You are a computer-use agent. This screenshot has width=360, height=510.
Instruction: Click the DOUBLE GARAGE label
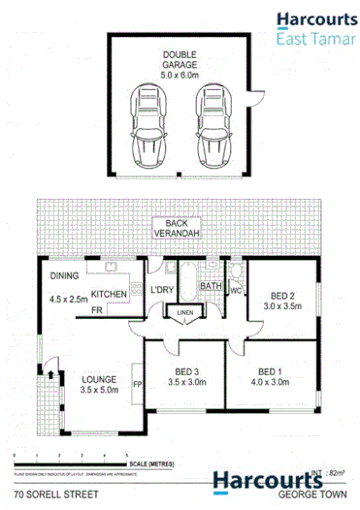tap(180, 57)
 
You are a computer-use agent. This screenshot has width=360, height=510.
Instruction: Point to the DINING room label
tap(63, 276)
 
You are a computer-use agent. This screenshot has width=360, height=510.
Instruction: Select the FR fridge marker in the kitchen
tap(98, 311)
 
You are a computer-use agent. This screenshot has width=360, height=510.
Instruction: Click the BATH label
tap(211, 285)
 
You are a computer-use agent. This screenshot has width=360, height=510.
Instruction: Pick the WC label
tap(235, 290)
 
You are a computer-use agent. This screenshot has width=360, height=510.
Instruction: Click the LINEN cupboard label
tap(182, 311)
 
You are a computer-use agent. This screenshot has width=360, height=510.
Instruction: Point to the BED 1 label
tap(275, 371)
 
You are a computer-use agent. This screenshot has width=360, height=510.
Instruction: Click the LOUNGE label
tap(100, 378)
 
